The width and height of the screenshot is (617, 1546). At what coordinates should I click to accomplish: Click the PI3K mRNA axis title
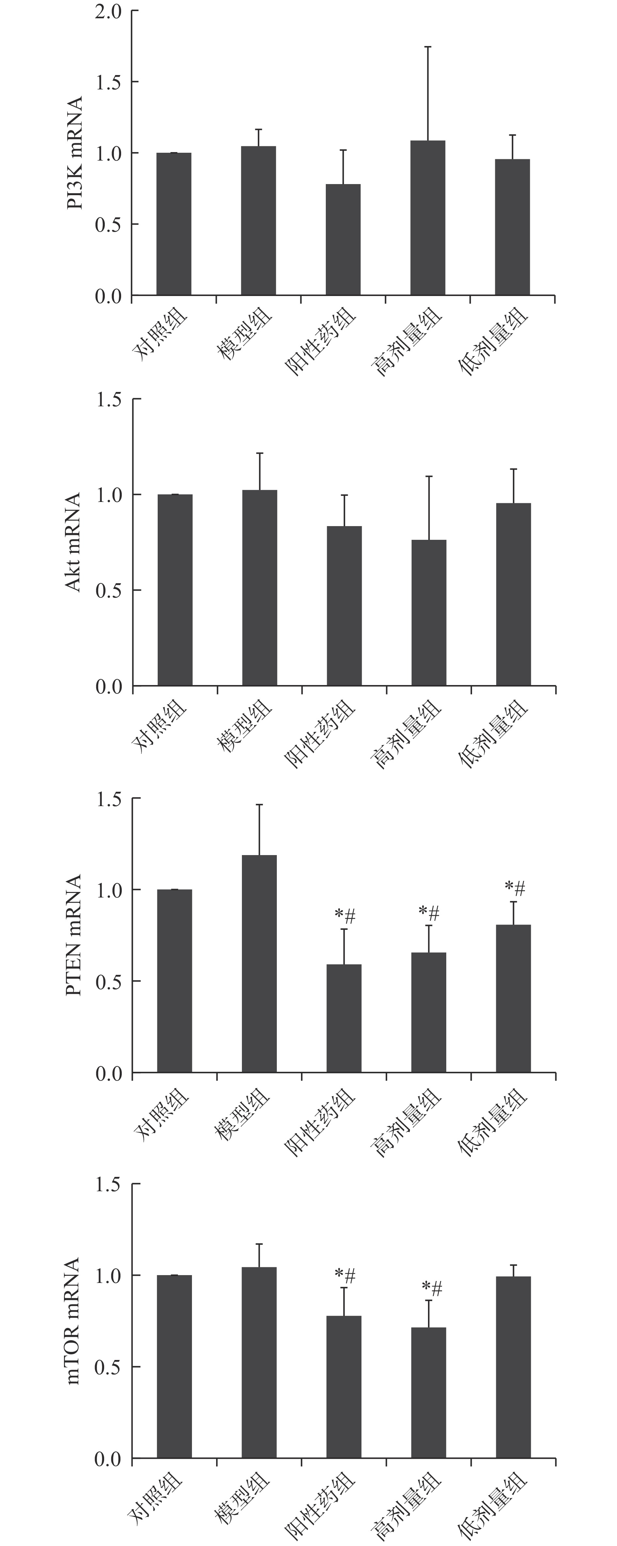(x=75, y=153)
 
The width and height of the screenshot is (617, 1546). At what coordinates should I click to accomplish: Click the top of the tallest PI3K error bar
(x=428, y=47)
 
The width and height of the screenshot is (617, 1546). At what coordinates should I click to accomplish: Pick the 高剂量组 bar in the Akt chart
(x=429, y=612)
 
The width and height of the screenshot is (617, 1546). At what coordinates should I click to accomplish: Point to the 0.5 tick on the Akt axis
(x=109, y=590)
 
